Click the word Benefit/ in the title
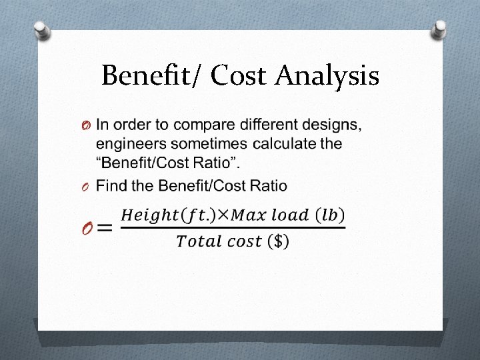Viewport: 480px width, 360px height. (x=152, y=76)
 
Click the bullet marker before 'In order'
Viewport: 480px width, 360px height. (x=87, y=126)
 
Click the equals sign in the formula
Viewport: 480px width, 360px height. (x=104, y=228)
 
